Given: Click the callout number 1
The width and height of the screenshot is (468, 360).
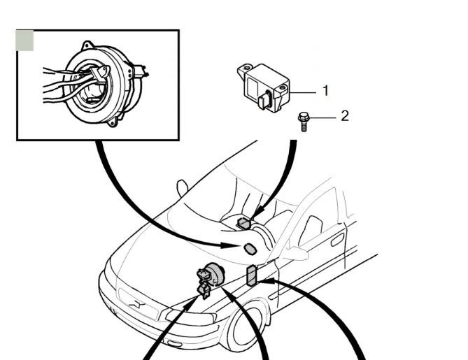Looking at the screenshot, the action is (x=325, y=91).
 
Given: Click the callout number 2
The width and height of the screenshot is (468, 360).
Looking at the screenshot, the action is (x=345, y=116).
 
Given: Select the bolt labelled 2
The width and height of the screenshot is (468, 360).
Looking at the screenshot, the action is (x=304, y=122).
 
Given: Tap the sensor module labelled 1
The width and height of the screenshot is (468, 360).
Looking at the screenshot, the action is (x=264, y=87).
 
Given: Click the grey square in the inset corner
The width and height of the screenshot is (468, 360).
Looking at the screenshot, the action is (x=25, y=41).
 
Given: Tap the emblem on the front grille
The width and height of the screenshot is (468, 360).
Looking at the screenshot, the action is (x=136, y=305).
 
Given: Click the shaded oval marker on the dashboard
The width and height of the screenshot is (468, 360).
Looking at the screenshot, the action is (x=250, y=250).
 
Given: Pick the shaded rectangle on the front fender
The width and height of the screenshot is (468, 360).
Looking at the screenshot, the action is (x=251, y=275).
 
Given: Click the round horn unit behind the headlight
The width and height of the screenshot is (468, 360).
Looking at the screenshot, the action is (x=214, y=275).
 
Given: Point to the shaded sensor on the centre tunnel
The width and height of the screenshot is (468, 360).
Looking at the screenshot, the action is (x=244, y=224).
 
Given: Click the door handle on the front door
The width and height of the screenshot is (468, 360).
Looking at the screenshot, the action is (x=338, y=240).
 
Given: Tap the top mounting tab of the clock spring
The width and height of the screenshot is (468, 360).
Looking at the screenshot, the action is (x=87, y=45).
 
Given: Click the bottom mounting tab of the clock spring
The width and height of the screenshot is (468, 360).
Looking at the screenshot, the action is (x=113, y=122).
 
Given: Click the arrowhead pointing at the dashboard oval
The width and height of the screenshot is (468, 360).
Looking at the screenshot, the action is (x=230, y=245).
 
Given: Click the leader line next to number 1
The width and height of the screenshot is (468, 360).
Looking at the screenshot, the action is (x=303, y=93).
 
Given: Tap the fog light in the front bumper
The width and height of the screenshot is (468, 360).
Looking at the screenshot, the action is (x=174, y=343).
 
